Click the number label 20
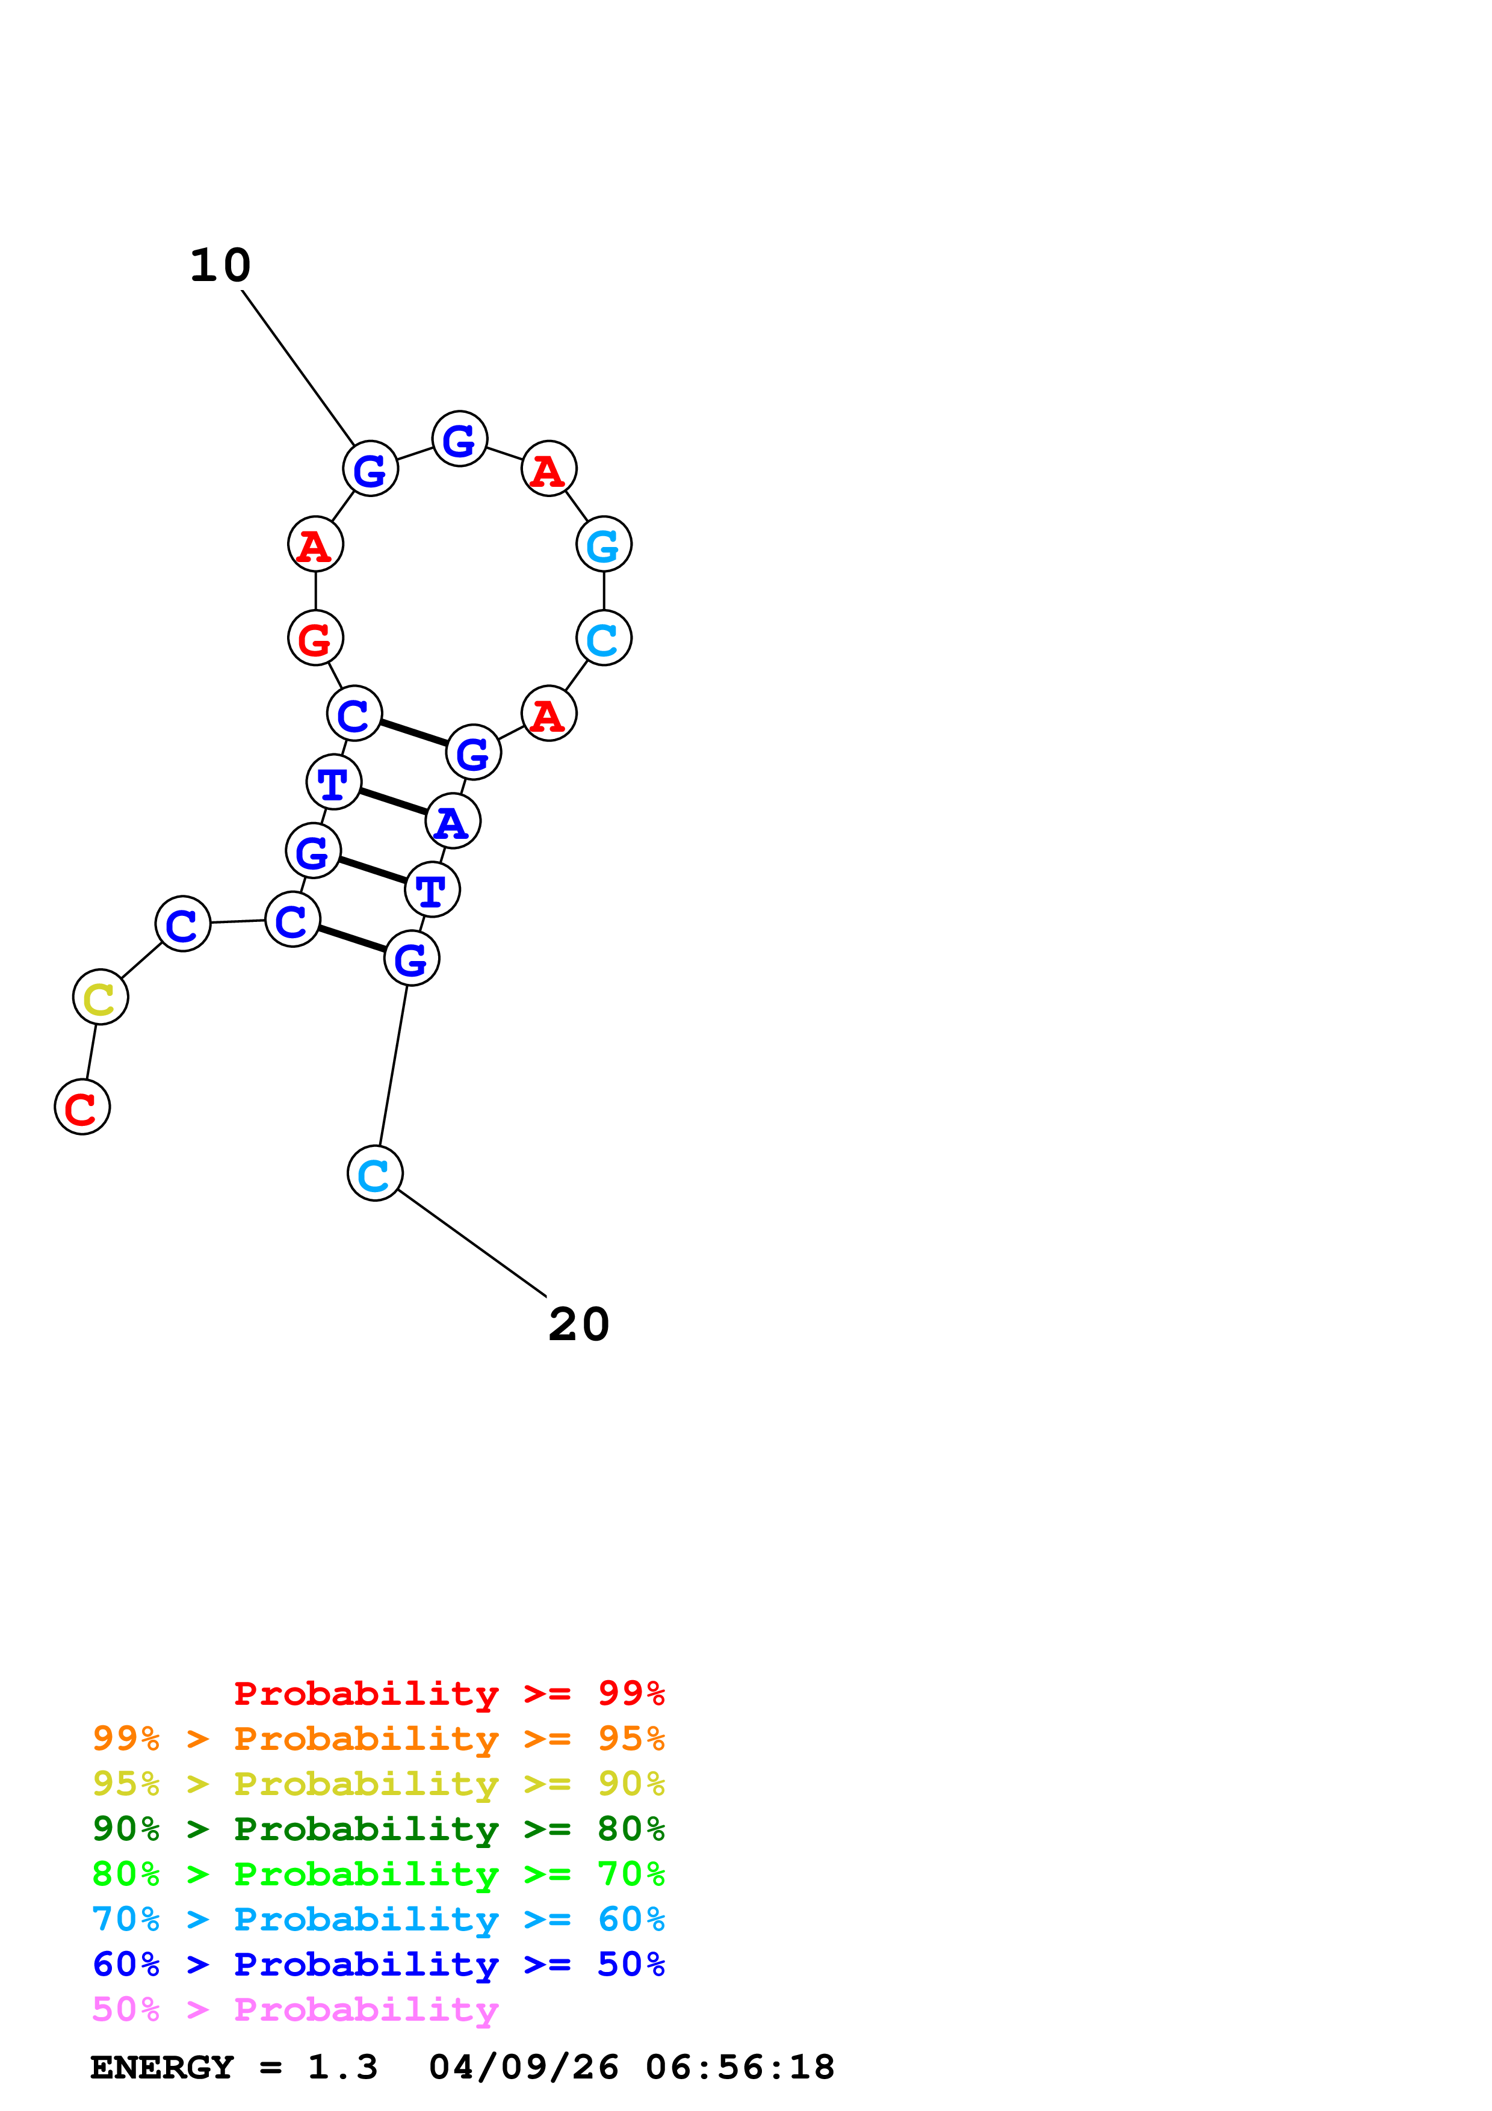(x=578, y=1325)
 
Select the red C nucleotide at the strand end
(x=82, y=1107)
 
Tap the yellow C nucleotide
(x=100, y=998)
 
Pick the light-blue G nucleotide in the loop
(x=604, y=545)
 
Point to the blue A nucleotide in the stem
(x=452, y=822)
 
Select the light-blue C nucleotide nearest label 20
(x=375, y=1174)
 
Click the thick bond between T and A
(x=392, y=802)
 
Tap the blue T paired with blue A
(x=333, y=782)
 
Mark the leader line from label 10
(x=298, y=368)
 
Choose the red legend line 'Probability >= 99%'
(x=448, y=1693)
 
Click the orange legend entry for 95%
(x=378, y=1739)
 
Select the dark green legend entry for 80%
(x=378, y=1829)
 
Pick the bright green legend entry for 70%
(x=378, y=1874)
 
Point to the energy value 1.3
(x=342, y=2068)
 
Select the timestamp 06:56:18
(x=740, y=2068)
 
